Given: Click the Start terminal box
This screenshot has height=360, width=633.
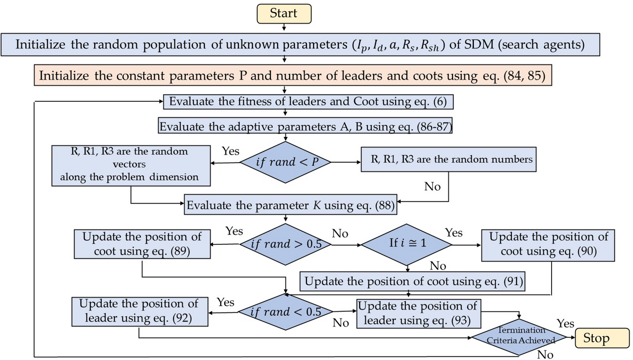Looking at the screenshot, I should [284, 14].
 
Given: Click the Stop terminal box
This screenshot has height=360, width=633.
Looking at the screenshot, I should [602, 338].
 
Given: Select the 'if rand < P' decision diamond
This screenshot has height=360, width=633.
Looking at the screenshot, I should [286, 162].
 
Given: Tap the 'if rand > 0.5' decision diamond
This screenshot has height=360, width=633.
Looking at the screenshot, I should [286, 244].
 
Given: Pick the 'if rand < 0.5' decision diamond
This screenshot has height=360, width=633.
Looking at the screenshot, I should [286, 312].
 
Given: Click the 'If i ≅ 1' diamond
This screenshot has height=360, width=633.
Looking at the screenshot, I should [407, 243].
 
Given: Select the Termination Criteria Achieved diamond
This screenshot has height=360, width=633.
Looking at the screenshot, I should [520, 336].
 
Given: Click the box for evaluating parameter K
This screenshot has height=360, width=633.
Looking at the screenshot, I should [291, 205].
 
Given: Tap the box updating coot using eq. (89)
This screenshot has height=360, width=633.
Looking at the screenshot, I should [142, 244].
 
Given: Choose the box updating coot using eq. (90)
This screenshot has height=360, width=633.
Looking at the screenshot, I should [548, 245].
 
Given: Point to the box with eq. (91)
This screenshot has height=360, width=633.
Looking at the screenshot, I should [413, 281].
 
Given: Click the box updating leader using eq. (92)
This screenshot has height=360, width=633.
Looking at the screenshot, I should [139, 311].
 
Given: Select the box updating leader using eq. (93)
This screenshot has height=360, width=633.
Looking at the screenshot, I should [418, 314].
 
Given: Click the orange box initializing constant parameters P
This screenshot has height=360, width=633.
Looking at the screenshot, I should [293, 75].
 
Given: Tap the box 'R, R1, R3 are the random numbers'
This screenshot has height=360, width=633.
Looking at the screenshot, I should [448, 159].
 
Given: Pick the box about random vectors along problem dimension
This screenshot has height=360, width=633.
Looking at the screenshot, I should [131, 165].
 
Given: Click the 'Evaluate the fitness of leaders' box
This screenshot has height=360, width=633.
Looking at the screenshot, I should [308, 101].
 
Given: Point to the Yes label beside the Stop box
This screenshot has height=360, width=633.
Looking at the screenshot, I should [565, 324].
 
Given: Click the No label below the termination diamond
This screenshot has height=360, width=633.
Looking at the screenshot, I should [545, 355].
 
